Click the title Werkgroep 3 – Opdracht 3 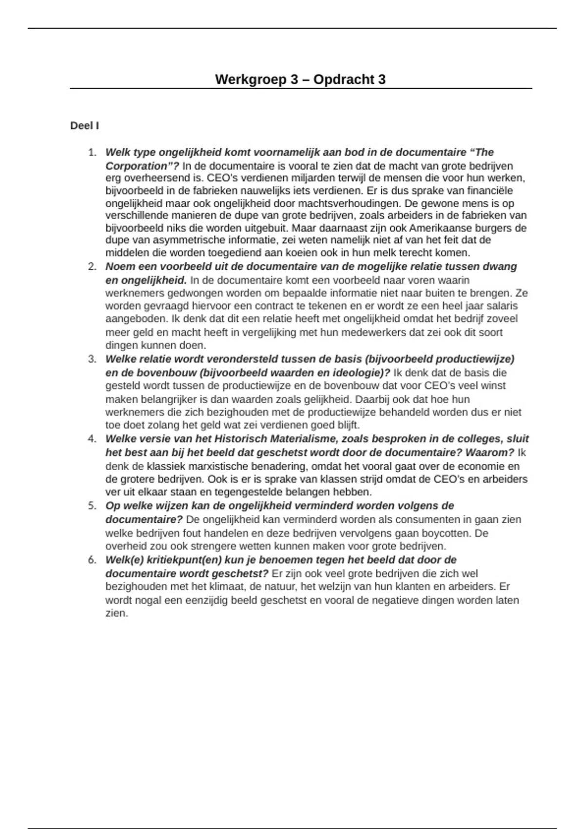tap(300, 79)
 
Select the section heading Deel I tap(84, 126)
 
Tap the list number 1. tap(92, 153)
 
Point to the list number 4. tap(92, 439)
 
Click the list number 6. tap(92, 560)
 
